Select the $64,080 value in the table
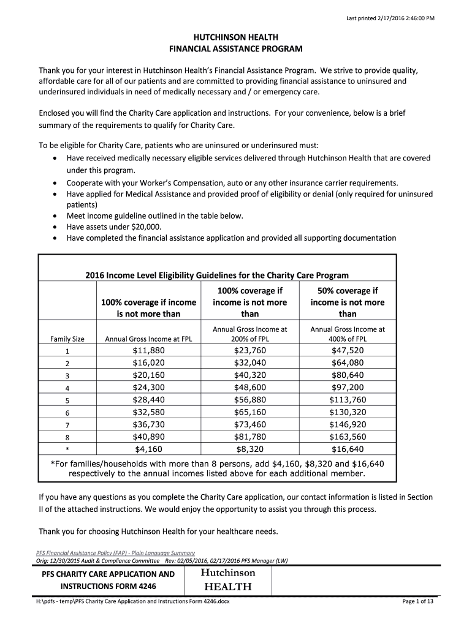coord(348,362)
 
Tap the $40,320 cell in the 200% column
coord(250,375)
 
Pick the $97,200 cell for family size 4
coord(348,387)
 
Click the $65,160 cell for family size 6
coord(250,411)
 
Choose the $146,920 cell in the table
coord(348,424)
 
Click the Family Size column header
coord(67,339)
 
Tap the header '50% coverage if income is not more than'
coord(348,302)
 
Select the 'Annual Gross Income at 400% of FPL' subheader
coord(348,334)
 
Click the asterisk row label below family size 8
coord(67,449)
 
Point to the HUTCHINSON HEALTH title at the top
coord(236,37)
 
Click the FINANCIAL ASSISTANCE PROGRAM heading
coord(236,49)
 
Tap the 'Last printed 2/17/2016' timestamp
coord(390,18)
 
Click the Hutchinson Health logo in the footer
coord(227,579)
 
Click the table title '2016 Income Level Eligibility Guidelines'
coord(217,276)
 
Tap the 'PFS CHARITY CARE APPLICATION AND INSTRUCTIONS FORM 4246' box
coord(108,580)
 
